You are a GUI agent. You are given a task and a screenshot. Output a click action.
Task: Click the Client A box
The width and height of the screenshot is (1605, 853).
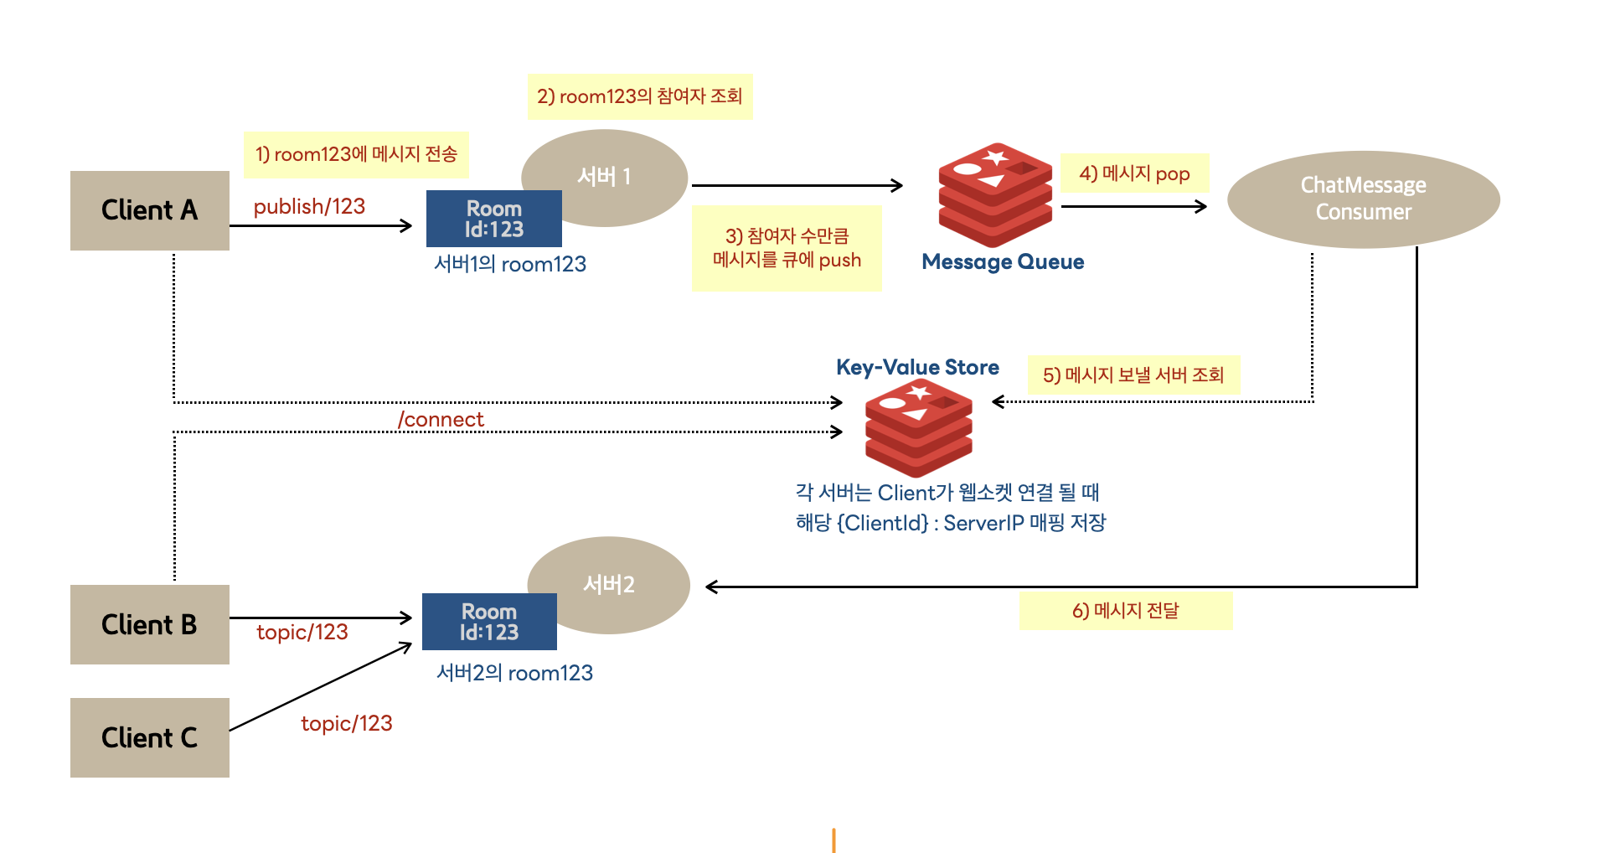(x=150, y=210)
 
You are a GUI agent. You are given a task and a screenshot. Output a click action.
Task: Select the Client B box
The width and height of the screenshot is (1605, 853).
(x=150, y=624)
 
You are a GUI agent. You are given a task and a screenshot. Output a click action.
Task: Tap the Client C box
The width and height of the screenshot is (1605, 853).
(x=150, y=737)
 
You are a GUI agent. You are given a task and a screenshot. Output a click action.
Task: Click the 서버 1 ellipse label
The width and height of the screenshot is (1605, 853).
(x=604, y=177)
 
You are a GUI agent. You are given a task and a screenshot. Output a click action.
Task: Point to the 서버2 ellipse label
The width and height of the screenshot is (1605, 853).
(x=609, y=584)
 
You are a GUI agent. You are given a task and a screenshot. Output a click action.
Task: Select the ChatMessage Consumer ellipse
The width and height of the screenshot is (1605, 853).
(x=1363, y=199)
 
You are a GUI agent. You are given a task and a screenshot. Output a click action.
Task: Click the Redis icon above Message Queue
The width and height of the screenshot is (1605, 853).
(x=995, y=194)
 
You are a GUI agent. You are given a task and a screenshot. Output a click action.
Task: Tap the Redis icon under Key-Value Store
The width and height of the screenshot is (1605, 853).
(x=919, y=428)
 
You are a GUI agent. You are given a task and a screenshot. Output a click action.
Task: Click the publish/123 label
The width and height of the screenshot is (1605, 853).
(x=309, y=207)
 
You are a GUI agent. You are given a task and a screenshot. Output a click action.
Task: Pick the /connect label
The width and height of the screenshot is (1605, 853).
(x=441, y=419)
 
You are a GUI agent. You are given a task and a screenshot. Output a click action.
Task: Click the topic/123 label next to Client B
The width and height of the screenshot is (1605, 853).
(x=302, y=632)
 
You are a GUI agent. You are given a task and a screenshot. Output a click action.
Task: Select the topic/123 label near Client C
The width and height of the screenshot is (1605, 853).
(x=347, y=723)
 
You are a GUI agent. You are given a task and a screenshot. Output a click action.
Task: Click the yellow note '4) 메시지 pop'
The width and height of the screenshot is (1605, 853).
(x=1134, y=173)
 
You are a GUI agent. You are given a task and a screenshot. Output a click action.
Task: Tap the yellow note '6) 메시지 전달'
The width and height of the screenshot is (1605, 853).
(x=1126, y=611)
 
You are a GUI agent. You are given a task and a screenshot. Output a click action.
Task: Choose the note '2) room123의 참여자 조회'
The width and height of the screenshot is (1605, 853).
(x=640, y=96)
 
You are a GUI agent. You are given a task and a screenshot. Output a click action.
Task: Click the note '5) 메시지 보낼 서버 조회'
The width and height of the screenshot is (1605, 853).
(x=1133, y=375)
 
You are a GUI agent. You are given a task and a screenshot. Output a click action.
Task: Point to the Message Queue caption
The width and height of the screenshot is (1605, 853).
(x=1003, y=262)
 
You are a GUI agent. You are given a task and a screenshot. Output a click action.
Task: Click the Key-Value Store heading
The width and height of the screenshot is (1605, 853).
(x=917, y=367)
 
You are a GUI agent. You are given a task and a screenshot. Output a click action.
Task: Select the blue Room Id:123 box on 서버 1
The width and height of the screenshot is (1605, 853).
(x=494, y=219)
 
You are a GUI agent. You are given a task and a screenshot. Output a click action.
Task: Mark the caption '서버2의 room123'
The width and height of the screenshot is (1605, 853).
(x=514, y=673)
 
